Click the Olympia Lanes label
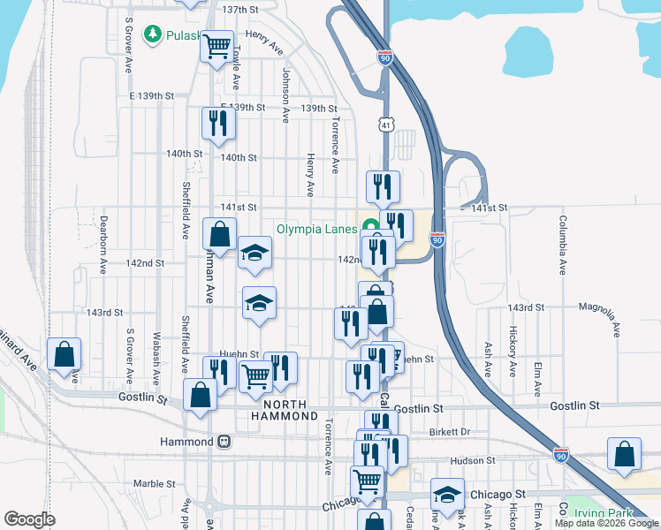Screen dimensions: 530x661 click(315, 228)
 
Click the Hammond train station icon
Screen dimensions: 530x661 click(224, 441)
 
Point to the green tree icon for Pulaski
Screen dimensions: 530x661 click(152, 33)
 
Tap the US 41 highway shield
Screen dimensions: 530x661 click(386, 126)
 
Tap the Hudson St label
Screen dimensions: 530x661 click(472, 461)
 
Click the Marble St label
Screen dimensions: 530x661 click(154, 483)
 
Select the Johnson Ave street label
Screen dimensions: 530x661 click(285, 95)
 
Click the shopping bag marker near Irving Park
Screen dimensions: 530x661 click(625, 453)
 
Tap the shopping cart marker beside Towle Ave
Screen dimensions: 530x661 click(217, 46)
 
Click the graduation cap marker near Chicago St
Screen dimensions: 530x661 click(447, 494)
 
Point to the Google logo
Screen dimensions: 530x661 click(29, 519)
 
